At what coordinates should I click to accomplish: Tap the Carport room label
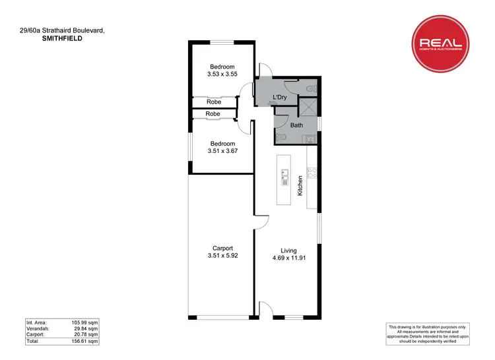[x=222, y=248]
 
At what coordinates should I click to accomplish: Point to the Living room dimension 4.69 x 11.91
[x=288, y=259]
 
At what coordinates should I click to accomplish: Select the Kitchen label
[x=300, y=185]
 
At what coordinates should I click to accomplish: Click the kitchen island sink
[x=285, y=175]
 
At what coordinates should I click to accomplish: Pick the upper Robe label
[x=213, y=102]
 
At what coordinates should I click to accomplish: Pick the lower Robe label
[x=213, y=114]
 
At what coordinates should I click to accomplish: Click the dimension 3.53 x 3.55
[x=222, y=75]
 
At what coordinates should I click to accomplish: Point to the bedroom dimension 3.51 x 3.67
[x=222, y=152]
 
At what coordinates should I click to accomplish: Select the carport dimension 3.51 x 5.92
[x=222, y=256]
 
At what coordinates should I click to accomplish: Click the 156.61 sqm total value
[x=84, y=342]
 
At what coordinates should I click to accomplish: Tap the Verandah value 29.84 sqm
[x=84, y=328]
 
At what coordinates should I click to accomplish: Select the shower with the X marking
[x=308, y=107]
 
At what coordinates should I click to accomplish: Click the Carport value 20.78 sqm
[x=84, y=335]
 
